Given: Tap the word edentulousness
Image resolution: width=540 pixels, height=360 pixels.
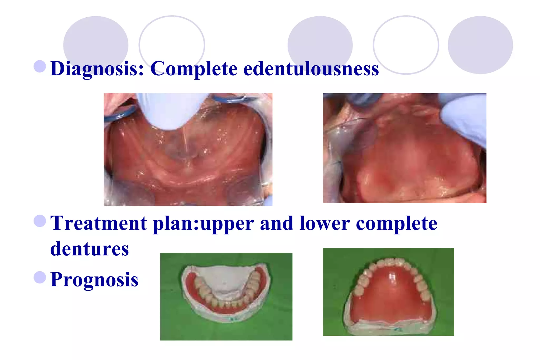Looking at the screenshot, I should [x=311, y=69].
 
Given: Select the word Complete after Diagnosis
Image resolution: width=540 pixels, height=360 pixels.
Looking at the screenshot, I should [x=194, y=69].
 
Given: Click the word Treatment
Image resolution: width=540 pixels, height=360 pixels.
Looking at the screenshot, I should [x=98, y=223].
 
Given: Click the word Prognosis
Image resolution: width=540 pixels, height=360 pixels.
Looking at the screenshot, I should [x=94, y=279].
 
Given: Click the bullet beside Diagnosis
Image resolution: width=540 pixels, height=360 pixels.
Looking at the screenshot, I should [x=40, y=66].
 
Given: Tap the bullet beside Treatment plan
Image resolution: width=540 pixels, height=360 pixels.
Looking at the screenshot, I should [x=40, y=221].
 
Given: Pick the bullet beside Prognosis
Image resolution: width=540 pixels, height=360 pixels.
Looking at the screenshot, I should [x=40, y=277].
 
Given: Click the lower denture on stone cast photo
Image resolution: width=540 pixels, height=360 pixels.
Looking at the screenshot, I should [x=226, y=296].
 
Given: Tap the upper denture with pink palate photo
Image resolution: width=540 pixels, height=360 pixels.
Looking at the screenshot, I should [x=388, y=292].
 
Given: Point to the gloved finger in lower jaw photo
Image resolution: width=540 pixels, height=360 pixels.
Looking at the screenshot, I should [x=173, y=111].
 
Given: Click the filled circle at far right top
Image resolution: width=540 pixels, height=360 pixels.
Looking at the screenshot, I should [x=480, y=45].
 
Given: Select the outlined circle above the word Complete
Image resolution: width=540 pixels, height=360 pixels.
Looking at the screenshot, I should [x=172, y=45].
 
